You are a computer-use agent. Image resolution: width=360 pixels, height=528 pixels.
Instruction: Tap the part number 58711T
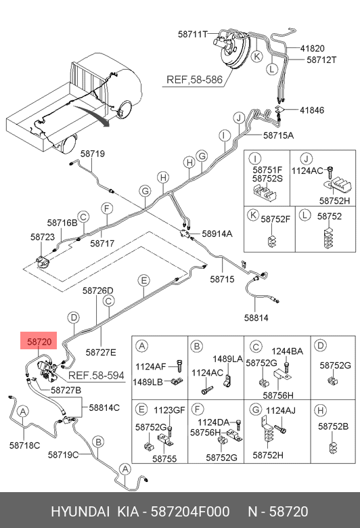[193, 34]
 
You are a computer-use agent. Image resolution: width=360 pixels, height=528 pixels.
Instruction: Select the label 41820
[312, 49]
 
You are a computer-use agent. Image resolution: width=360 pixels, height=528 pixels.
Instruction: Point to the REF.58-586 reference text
[194, 79]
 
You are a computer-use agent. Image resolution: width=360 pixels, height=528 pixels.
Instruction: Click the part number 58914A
[217, 234]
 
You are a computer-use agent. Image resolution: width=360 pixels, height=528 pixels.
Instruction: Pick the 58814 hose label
[256, 317]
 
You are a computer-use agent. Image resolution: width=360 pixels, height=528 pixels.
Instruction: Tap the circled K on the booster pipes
[257, 56]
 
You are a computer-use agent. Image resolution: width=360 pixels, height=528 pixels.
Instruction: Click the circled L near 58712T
[272, 69]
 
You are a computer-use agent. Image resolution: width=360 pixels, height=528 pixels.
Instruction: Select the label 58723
[43, 237]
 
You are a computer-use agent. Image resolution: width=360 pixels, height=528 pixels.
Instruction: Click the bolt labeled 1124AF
[179, 366]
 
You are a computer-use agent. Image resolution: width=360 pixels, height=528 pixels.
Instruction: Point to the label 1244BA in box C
[288, 351]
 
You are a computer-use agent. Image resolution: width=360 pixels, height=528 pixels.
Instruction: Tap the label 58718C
[24, 445]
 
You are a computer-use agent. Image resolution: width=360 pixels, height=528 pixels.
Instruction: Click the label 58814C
[104, 408]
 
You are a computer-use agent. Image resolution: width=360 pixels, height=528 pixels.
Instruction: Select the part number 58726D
[98, 290]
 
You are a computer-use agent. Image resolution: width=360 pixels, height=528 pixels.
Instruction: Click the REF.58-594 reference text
[96, 375]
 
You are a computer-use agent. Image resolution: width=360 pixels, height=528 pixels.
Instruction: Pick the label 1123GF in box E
[169, 410]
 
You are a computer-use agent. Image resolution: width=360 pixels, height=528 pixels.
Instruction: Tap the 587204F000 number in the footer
[190, 511]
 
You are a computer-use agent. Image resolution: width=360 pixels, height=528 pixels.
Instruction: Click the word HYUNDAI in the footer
[80, 511]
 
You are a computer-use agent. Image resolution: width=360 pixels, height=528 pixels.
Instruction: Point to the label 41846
[312, 110]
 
